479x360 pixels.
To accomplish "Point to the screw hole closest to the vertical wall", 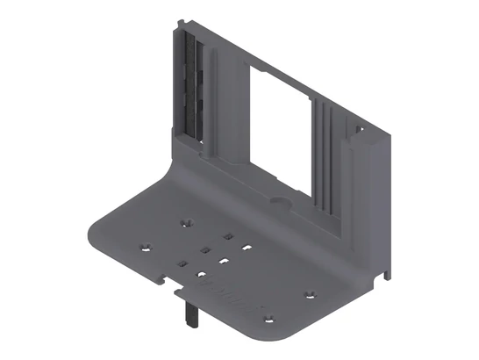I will tap(183, 223).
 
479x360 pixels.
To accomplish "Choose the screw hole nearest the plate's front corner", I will tap(268, 313).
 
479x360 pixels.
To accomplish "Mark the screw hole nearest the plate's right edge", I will tap(308, 293).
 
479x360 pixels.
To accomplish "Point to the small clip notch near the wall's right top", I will tap(359, 129).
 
